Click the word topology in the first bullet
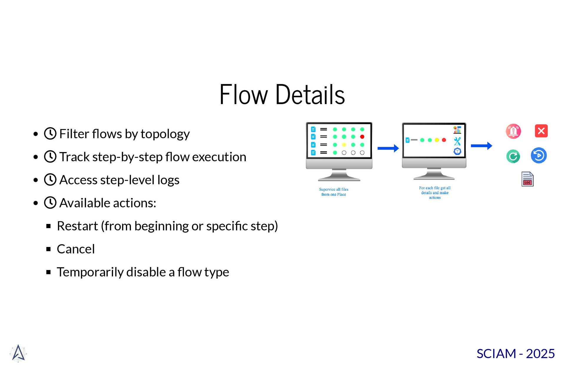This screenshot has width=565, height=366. click(165, 134)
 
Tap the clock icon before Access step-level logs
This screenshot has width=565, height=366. click(50, 179)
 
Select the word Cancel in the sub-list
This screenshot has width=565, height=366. click(76, 249)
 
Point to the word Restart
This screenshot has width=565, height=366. click(77, 226)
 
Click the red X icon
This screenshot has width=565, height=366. click(541, 131)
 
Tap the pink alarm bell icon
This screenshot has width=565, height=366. click(513, 131)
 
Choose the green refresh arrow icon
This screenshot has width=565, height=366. click(513, 156)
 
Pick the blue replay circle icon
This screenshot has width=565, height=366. click(539, 155)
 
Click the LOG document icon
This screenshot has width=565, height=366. click(527, 179)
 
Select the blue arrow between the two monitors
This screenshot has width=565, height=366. click(388, 148)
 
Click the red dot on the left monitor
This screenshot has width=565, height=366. click(362, 137)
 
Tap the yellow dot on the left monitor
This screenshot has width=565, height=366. click(344, 145)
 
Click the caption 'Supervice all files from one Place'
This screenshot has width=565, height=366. click(333, 192)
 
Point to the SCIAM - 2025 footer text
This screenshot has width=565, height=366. click(516, 354)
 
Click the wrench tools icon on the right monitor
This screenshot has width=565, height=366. click(457, 141)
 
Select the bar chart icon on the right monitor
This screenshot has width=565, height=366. click(457, 130)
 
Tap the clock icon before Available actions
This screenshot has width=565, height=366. click(50, 203)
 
